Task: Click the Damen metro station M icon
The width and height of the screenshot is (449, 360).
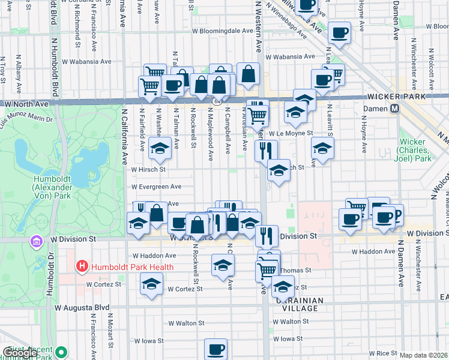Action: [x=395, y=109]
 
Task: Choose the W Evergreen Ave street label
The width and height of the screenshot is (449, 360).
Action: [x=156, y=187]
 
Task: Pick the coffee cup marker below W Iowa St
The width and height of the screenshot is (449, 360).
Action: [x=215, y=349]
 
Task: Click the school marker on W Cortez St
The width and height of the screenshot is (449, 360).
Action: [x=151, y=284]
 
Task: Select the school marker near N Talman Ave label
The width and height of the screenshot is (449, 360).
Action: [x=160, y=148]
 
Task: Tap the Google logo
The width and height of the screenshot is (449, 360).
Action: [x=20, y=353]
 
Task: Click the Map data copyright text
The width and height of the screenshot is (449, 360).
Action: [x=423, y=355]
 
